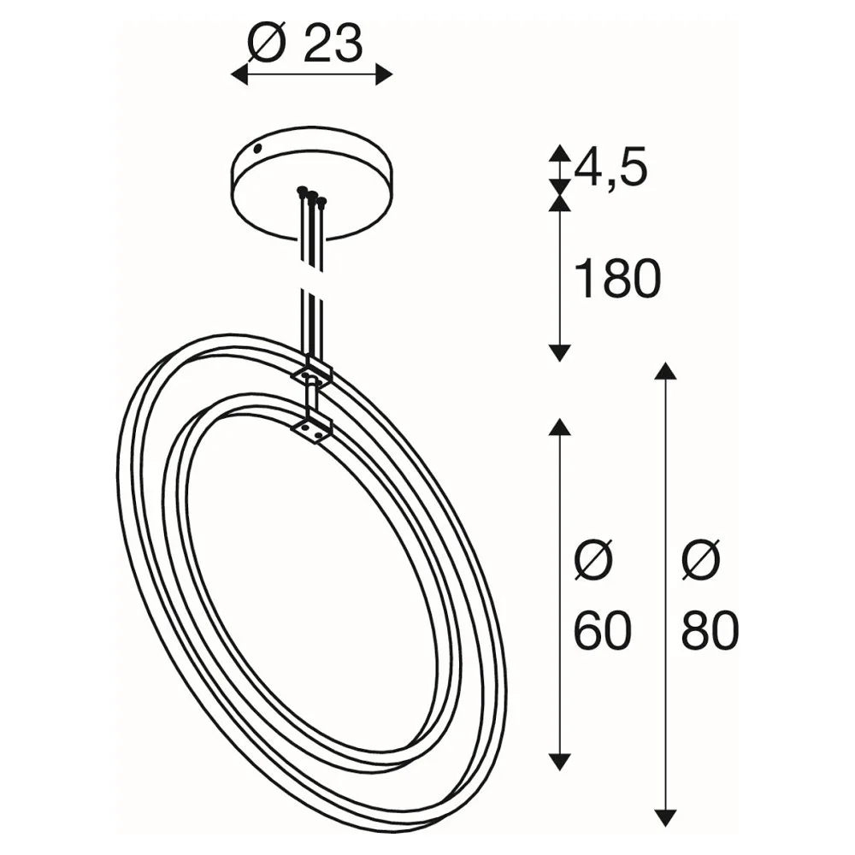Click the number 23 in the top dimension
tap(333, 44)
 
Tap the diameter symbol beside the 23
tap(267, 43)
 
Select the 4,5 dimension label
tap(610, 168)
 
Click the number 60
tap(603, 631)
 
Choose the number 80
tap(710, 631)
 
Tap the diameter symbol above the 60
tap(594, 561)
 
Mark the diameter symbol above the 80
tap(701, 561)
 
